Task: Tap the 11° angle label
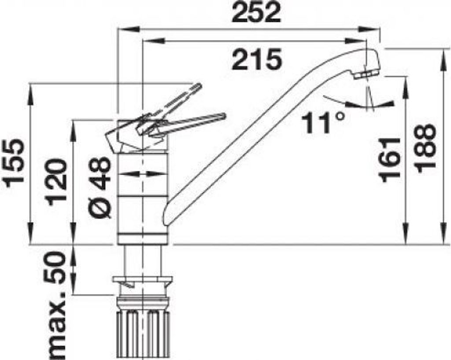[x=323, y=123]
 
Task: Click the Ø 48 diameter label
[x=100, y=187]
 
